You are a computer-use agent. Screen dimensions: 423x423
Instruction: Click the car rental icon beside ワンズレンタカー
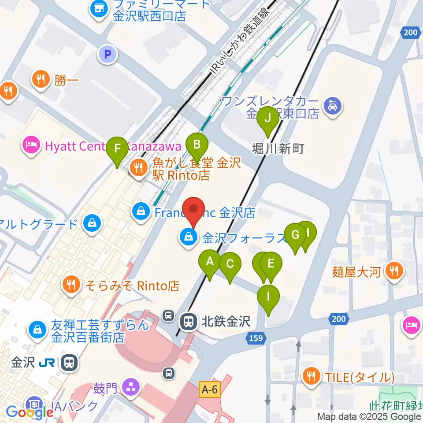click(333, 106)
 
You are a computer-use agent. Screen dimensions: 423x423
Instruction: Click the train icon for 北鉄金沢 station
click(189, 321)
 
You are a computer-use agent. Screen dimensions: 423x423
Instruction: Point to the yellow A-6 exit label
click(209, 390)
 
